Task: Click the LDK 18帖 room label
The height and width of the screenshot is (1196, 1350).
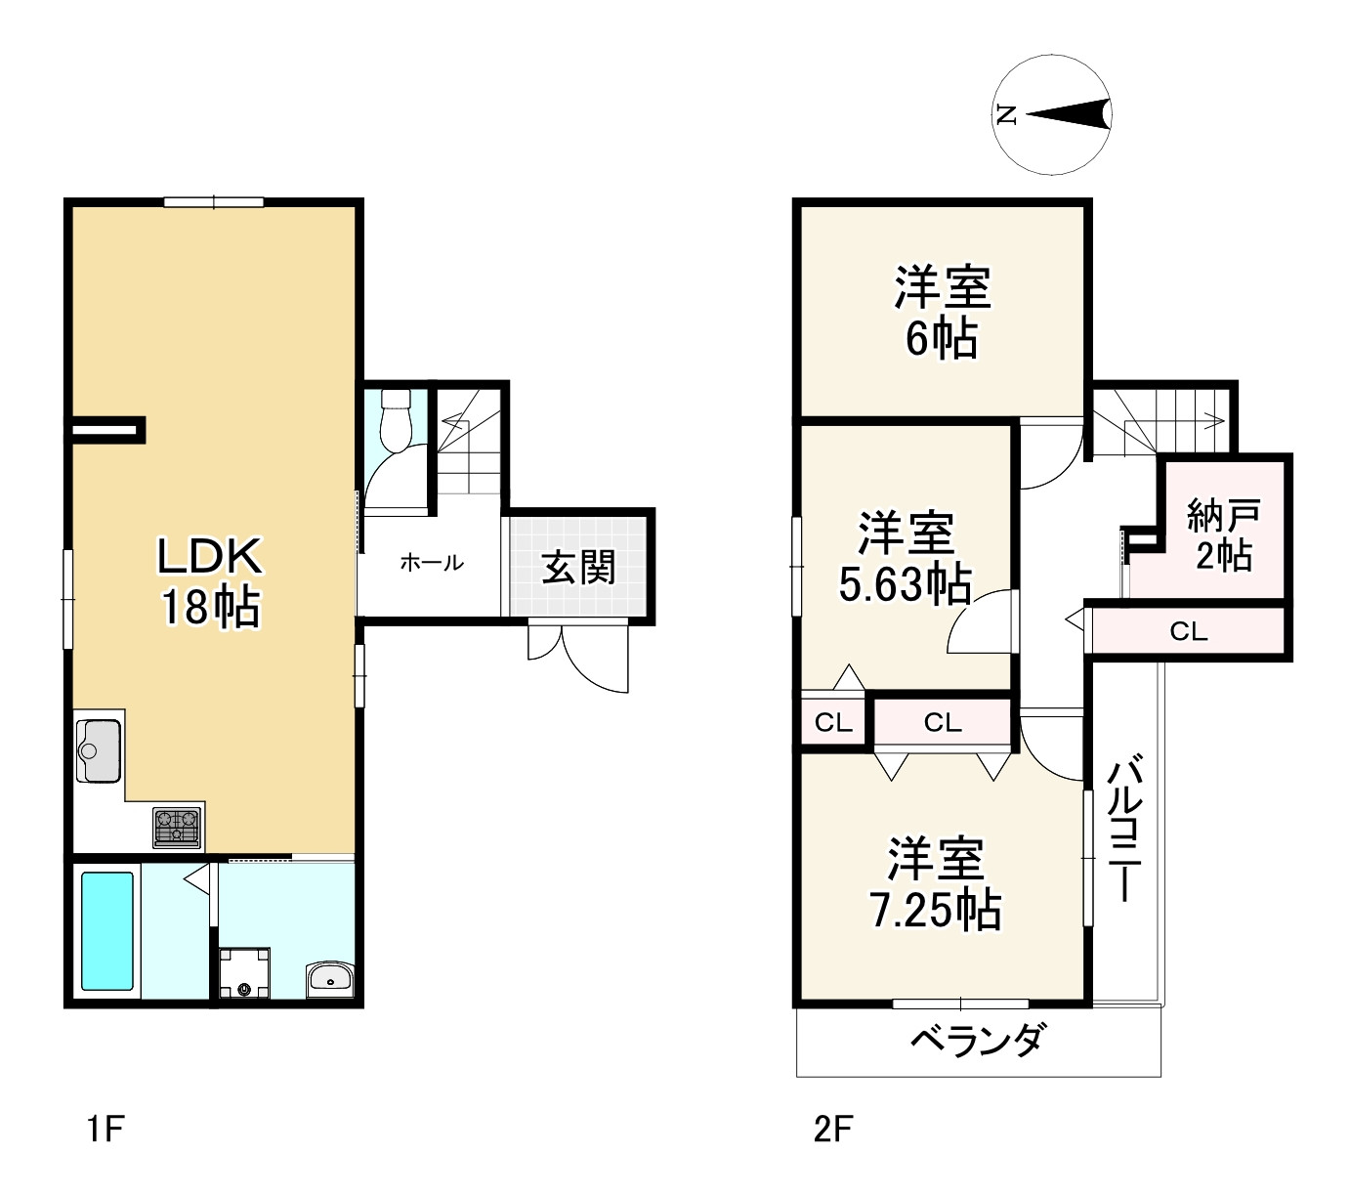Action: point(210,581)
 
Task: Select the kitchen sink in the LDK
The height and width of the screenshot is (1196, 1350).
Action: point(98,750)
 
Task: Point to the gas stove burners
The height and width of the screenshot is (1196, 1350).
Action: point(177,827)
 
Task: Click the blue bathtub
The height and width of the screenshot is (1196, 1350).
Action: point(106,930)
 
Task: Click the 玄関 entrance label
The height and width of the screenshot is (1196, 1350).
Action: point(578,566)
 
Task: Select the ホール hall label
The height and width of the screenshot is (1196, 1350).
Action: point(431,563)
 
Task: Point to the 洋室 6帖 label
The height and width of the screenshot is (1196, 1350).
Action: point(942,312)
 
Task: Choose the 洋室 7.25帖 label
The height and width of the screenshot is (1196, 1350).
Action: point(935,883)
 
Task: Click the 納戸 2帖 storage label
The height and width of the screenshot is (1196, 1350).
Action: point(1223,534)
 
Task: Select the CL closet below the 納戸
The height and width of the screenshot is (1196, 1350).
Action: point(1188,632)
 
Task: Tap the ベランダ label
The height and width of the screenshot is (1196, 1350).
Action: point(977,1040)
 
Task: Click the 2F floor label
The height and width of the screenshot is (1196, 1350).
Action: point(833,1130)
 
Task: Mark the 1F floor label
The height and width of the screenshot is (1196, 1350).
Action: point(105,1130)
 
